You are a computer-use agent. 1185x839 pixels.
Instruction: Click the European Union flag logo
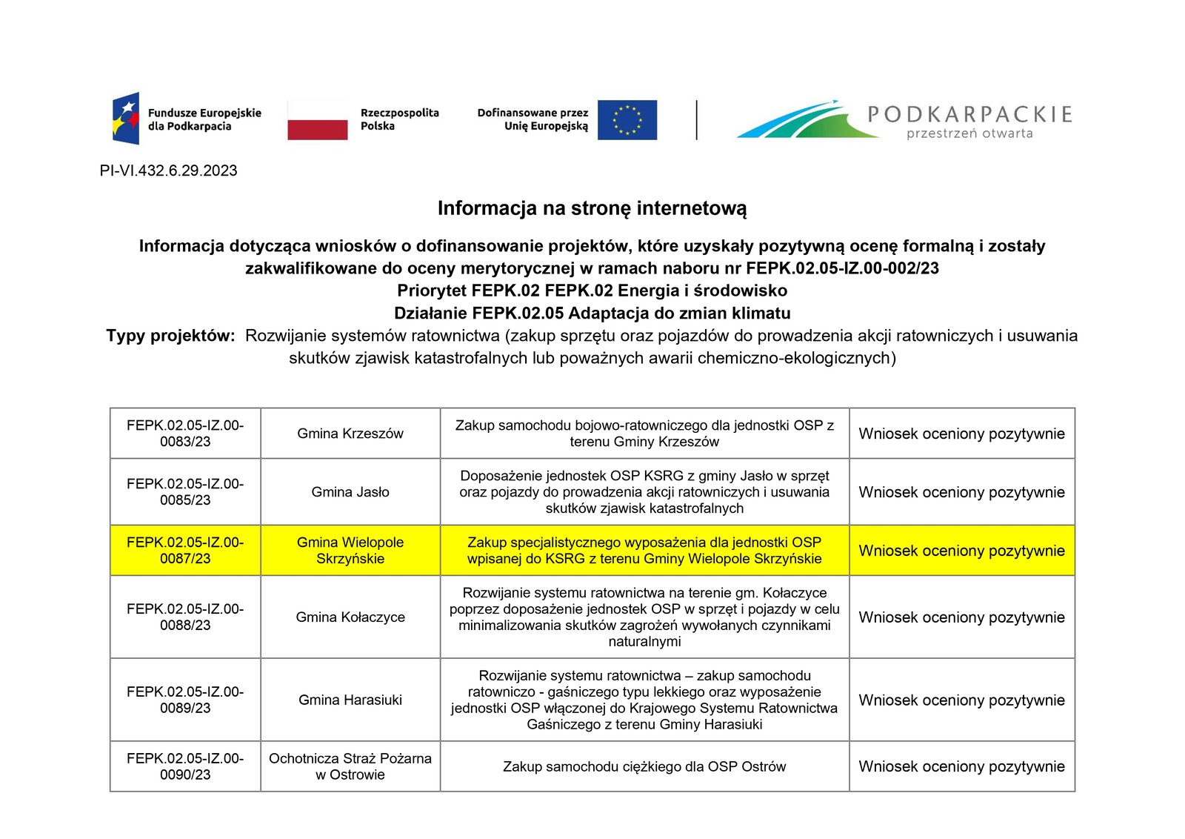[627, 120]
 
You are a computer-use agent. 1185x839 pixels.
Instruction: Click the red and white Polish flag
[318, 120]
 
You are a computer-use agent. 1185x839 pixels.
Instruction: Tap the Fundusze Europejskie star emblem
[126, 119]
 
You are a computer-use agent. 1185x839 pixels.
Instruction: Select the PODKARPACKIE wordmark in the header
[969, 114]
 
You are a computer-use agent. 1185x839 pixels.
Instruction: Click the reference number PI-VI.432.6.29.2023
[169, 171]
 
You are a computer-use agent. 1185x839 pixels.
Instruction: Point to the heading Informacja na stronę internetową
[592, 208]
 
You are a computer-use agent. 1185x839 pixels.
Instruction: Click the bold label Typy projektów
[170, 336]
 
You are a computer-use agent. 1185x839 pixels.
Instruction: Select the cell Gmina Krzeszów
[350, 434]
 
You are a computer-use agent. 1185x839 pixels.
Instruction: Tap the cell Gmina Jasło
[350, 492]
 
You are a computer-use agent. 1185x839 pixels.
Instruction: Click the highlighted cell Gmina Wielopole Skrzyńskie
[350, 551]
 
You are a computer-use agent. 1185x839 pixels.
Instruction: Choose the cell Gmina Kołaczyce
[350, 617]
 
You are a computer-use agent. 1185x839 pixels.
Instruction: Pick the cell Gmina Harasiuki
[350, 700]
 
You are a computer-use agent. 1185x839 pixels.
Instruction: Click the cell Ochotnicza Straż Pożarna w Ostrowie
[350, 766]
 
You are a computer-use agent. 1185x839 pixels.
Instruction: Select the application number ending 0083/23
[185, 434]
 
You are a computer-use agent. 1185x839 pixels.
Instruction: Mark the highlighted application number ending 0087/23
[185, 551]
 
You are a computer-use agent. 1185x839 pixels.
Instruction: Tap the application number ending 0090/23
[185, 766]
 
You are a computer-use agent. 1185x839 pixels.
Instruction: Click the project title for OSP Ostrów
[644, 766]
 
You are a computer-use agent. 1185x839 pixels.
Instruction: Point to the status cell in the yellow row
[961, 551]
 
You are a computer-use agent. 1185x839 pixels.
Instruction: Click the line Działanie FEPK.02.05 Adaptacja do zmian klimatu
[592, 314]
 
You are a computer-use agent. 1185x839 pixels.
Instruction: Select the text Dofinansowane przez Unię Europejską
[533, 120]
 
